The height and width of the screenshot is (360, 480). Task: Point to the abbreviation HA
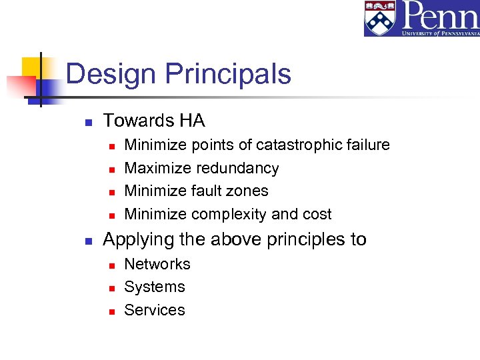[x=192, y=121]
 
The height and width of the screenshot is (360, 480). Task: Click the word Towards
[x=137, y=121]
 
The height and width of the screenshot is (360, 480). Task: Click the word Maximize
[x=156, y=168]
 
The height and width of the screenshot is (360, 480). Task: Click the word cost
[x=316, y=214]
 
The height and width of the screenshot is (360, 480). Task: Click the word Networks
[x=157, y=264]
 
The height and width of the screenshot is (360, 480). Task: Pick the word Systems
[x=155, y=287]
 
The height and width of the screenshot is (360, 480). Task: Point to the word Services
[x=155, y=310]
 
